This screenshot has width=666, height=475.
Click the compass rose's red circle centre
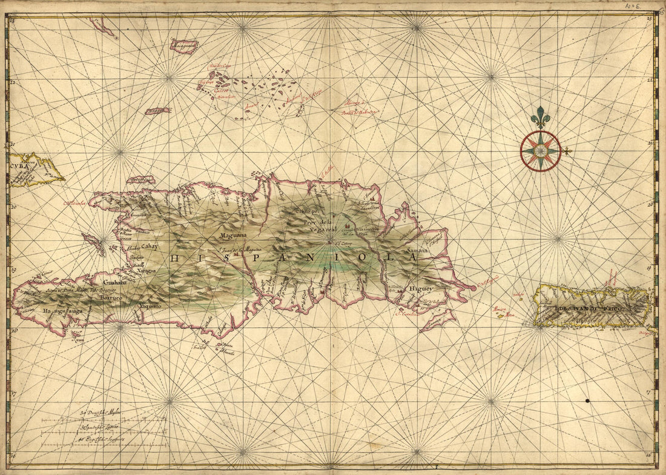(x=540, y=151)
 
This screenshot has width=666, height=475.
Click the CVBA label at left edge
(x=19, y=165)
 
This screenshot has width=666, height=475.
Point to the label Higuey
(x=421, y=289)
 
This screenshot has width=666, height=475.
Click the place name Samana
(x=417, y=250)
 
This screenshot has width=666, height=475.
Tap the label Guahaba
(x=115, y=282)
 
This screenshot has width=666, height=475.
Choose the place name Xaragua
(x=145, y=271)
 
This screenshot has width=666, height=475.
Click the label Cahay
(x=150, y=246)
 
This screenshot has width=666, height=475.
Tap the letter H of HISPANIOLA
(x=175, y=258)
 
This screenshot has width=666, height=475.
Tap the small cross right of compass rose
(x=567, y=151)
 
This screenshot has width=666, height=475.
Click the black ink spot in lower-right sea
(x=587, y=401)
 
